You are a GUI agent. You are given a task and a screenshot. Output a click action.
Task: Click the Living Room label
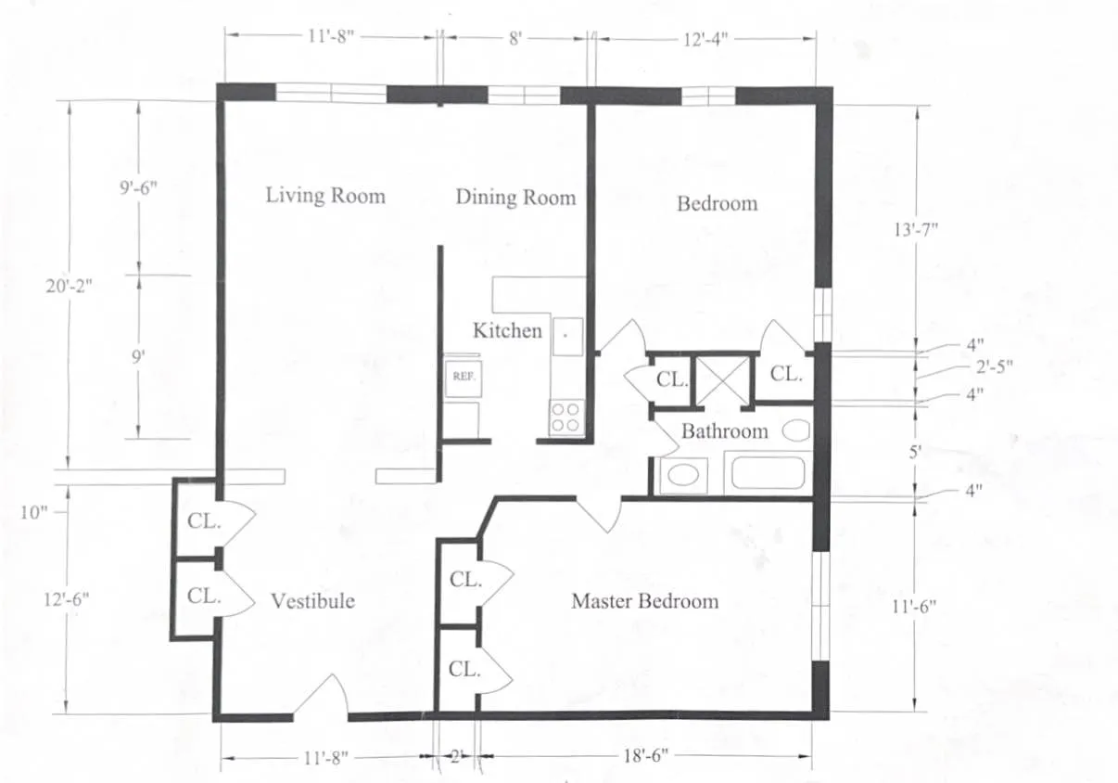pos(324,196)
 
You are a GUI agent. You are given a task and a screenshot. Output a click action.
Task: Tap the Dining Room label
pos(515,198)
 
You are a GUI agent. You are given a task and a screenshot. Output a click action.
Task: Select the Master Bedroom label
pos(644,601)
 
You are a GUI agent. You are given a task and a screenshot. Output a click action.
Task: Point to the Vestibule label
pos(312,601)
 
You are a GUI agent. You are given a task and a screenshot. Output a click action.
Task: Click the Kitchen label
pos(507,330)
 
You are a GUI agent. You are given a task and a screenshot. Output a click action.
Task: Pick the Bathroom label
pos(724,431)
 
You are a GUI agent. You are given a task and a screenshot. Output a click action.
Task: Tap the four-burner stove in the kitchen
pos(565,417)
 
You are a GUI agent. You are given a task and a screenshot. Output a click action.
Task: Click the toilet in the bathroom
pos(796,430)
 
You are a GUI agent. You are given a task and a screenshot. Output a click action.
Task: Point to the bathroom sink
pos(683,475)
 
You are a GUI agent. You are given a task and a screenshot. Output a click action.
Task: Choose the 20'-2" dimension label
pos(70,287)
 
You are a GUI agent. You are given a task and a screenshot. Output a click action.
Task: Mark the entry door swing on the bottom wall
pos(322,699)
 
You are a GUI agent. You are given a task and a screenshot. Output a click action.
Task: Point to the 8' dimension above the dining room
pos(515,39)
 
